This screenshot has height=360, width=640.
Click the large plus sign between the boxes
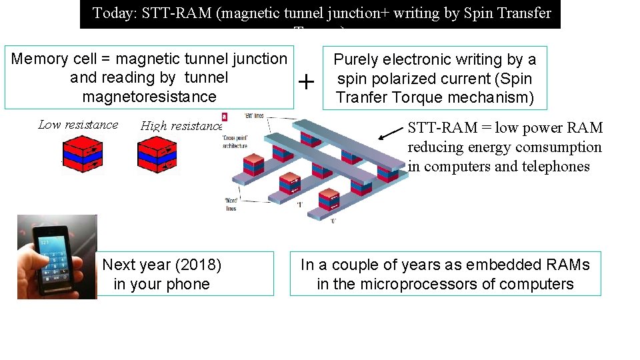point(306,83)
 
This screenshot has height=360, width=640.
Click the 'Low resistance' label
point(78,125)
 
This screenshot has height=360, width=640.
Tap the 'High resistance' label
point(181,126)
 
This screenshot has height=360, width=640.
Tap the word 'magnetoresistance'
point(149,97)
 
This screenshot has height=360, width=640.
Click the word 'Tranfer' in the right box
point(364,97)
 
